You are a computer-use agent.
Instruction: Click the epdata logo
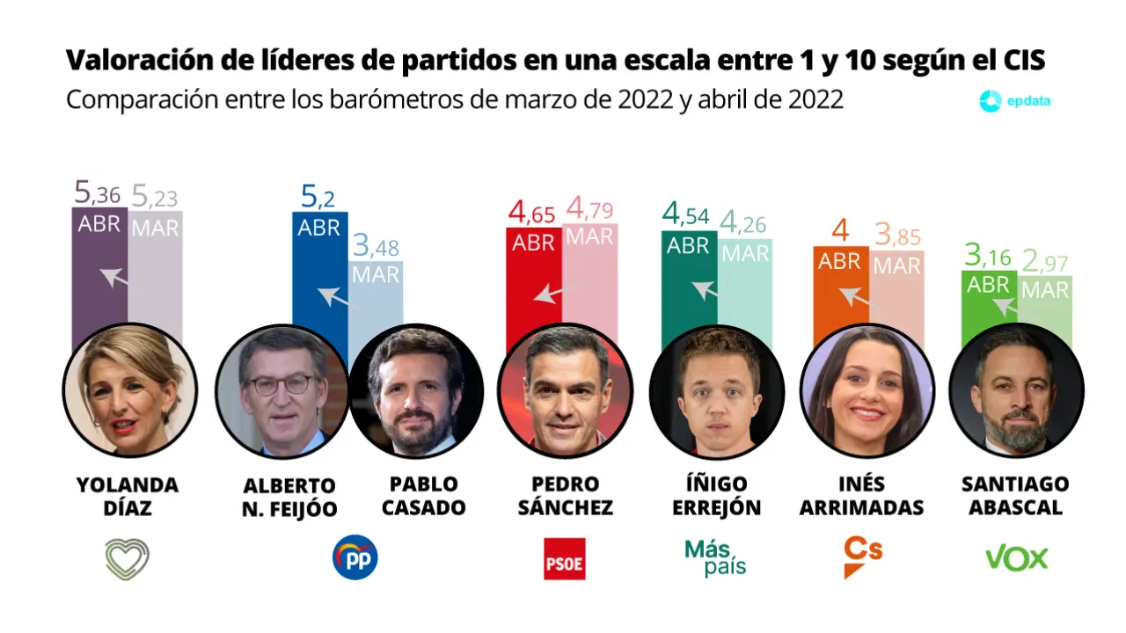[x=1015, y=100]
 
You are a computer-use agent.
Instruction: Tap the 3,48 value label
[x=376, y=247]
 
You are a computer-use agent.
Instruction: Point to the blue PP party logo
[x=355, y=557]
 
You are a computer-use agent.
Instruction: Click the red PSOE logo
[x=564, y=558]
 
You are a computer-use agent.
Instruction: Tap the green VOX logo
[x=1016, y=557]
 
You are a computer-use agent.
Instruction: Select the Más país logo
[x=714, y=557]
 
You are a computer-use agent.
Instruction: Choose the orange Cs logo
[x=862, y=557]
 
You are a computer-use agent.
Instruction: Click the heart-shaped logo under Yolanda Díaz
[x=128, y=558]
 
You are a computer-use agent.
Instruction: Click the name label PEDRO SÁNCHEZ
[x=565, y=496]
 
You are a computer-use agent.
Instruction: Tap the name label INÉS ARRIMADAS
[x=861, y=496]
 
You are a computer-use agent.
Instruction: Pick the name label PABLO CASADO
[x=423, y=496]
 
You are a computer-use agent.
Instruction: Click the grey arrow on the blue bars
[x=333, y=296]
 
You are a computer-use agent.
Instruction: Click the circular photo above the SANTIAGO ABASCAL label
[x=1016, y=389]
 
